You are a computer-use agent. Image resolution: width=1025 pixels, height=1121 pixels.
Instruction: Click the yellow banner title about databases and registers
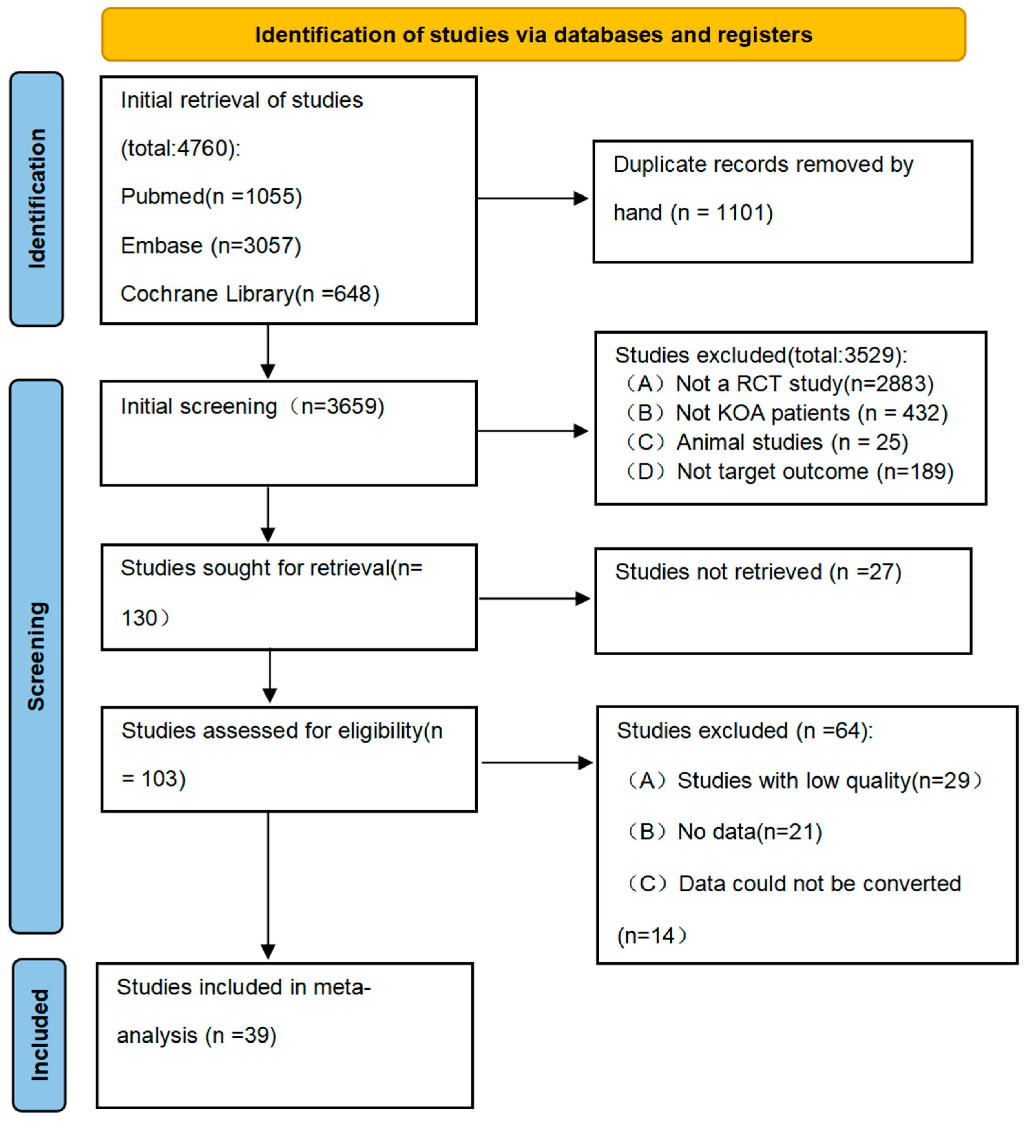coord(533,34)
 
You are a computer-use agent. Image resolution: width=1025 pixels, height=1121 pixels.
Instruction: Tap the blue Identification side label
coord(37,199)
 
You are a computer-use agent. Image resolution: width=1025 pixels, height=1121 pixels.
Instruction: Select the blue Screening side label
coord(37,656)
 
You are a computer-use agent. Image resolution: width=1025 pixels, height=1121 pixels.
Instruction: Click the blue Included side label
coord(39,1035)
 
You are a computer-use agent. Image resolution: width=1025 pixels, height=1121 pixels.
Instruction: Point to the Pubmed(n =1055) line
coord(211,196)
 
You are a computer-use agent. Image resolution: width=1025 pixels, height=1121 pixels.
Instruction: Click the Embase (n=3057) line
coord(211,245)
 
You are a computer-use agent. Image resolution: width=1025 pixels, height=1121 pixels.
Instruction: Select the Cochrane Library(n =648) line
coord(250,294)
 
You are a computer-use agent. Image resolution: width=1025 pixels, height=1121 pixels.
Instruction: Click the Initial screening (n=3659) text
coord(252,406)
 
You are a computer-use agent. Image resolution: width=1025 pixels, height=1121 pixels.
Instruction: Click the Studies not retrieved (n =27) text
coord(757,572)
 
